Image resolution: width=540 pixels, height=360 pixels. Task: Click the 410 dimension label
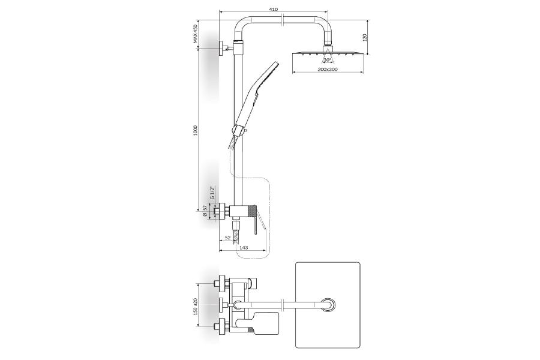274,10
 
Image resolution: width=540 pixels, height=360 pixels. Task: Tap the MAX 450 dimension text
195,34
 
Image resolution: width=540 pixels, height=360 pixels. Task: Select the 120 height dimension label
365,37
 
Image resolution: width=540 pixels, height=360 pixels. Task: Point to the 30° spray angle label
327,60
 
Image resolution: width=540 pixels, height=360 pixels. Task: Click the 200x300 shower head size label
328,69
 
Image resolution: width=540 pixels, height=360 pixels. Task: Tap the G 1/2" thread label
212,193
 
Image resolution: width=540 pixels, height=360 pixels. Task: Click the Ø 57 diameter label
205,211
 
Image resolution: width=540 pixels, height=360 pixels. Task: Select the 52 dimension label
227,238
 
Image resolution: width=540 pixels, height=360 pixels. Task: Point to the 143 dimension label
243,247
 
